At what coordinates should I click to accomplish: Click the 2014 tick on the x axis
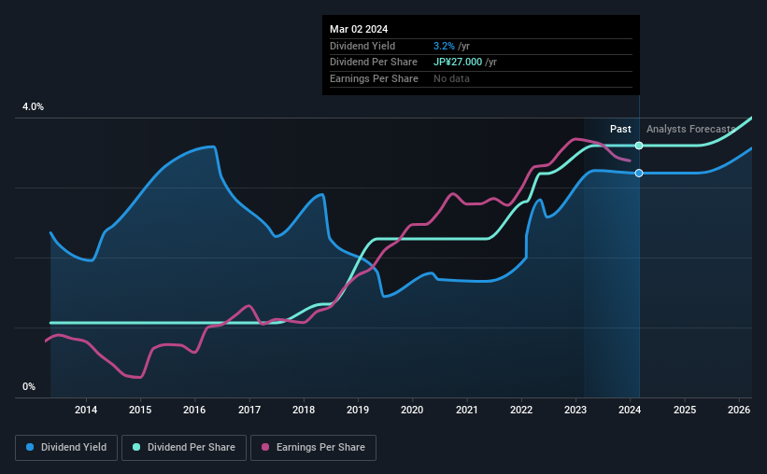point(86,410)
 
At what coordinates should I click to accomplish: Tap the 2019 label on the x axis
point(358,410)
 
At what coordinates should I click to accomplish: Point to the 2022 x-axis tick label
point(521,410)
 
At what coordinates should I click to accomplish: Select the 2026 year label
point(739,410)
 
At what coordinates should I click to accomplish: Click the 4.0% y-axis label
point(34,107)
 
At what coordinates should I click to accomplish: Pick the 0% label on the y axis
point(29,387)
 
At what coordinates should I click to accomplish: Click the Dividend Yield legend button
point(66,448)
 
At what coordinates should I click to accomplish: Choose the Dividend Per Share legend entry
point(190,448)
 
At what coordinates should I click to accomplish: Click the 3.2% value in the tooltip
point(444,46)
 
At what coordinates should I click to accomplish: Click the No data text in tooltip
point(452,78)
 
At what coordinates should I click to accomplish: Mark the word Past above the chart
point(620,129)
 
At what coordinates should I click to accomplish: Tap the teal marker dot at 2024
point(639,146)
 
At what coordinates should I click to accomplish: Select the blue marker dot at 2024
point(639,174)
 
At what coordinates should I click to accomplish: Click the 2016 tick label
point(194,410)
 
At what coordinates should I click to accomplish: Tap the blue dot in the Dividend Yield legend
point(31,448)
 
